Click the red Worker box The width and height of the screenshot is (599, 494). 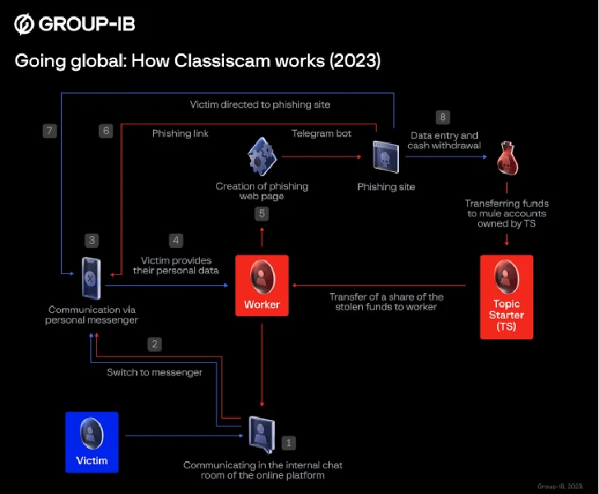262,285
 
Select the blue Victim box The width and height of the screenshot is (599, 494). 91,442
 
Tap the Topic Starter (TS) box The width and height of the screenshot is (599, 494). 507,297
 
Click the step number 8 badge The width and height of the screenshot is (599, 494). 443,117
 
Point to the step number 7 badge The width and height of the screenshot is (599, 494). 49,131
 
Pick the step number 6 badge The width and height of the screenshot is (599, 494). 106,131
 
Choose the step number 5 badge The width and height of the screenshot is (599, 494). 262,213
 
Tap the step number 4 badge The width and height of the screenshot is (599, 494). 176,240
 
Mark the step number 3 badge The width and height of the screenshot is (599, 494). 91,240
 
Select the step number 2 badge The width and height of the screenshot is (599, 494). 155,343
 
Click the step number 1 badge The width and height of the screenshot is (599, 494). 289,443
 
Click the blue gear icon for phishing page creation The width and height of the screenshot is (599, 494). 262,156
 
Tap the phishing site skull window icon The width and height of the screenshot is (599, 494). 386,156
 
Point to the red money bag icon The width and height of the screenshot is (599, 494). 508,158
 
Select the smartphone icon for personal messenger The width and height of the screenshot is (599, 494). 91,278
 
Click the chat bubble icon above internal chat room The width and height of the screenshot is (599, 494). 262,435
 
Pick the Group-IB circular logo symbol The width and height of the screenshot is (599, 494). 24,24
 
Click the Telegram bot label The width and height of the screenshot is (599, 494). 322,133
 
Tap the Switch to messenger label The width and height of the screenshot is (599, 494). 155,372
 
